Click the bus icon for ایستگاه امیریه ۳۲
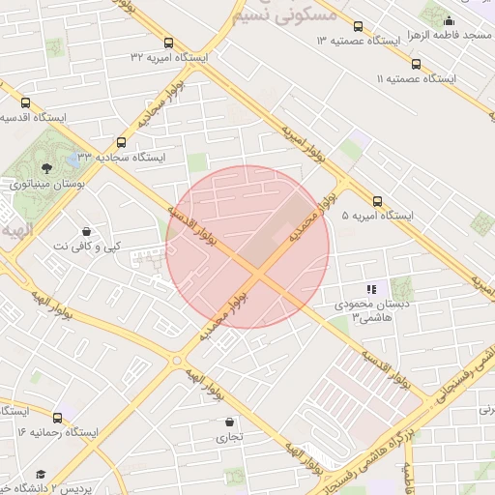click(169, 43)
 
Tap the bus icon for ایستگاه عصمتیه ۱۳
click(359, 26)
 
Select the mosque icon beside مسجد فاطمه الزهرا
click(449, 19)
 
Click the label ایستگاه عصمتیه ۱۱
click(415, 78)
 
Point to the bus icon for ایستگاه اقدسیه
click(25, 102)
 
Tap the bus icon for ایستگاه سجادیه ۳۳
click(121, 141)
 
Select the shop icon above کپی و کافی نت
click(88, 232)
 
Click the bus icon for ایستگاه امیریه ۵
click(377, 202)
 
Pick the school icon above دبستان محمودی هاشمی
click(371, 289)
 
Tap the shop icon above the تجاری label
click(229, 422)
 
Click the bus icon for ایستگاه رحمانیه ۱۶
click(58, 418)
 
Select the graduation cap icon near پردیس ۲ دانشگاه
click(41, 474)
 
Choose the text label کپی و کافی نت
click(88, 247)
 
